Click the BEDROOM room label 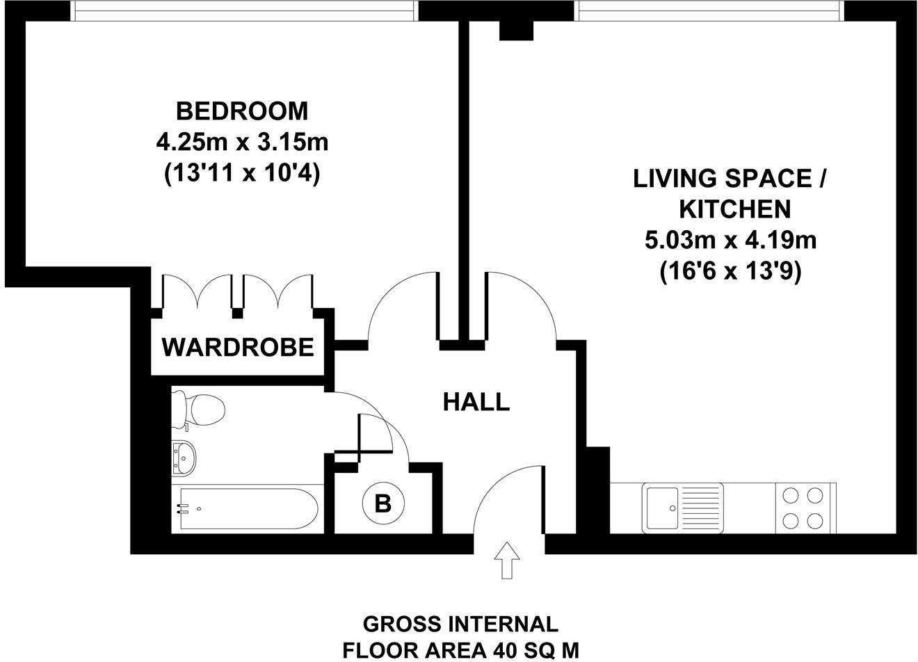pos(241,111)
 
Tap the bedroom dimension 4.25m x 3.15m pos(241,143)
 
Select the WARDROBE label pos(238,346)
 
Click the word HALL pos(476,401)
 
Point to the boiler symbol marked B pos(382,503)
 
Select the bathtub pos(247,509)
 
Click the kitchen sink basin pos(661,508)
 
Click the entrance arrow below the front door pos(506,560)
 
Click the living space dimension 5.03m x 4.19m pos(730,241)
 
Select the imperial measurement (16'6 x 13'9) pos(730,272)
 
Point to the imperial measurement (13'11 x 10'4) pos(241,175)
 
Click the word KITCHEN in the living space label pos(734,209)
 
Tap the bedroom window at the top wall pos(245,10)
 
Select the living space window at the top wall pos(709,10)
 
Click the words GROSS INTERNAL pos(460,623)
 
